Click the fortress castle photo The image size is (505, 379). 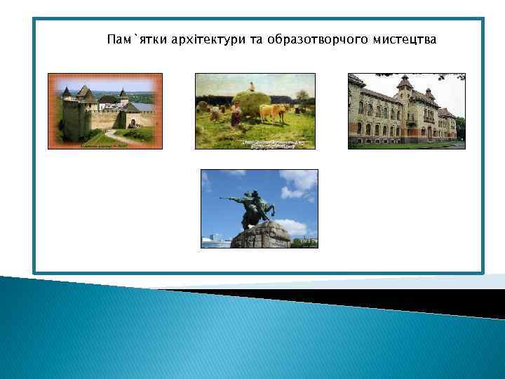click(105, 111)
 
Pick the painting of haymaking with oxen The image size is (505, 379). click(255, 111)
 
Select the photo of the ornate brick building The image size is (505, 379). click(406, 111)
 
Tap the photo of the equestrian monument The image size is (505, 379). click(259, 208)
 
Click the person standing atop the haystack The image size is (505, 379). click(252, 86)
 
